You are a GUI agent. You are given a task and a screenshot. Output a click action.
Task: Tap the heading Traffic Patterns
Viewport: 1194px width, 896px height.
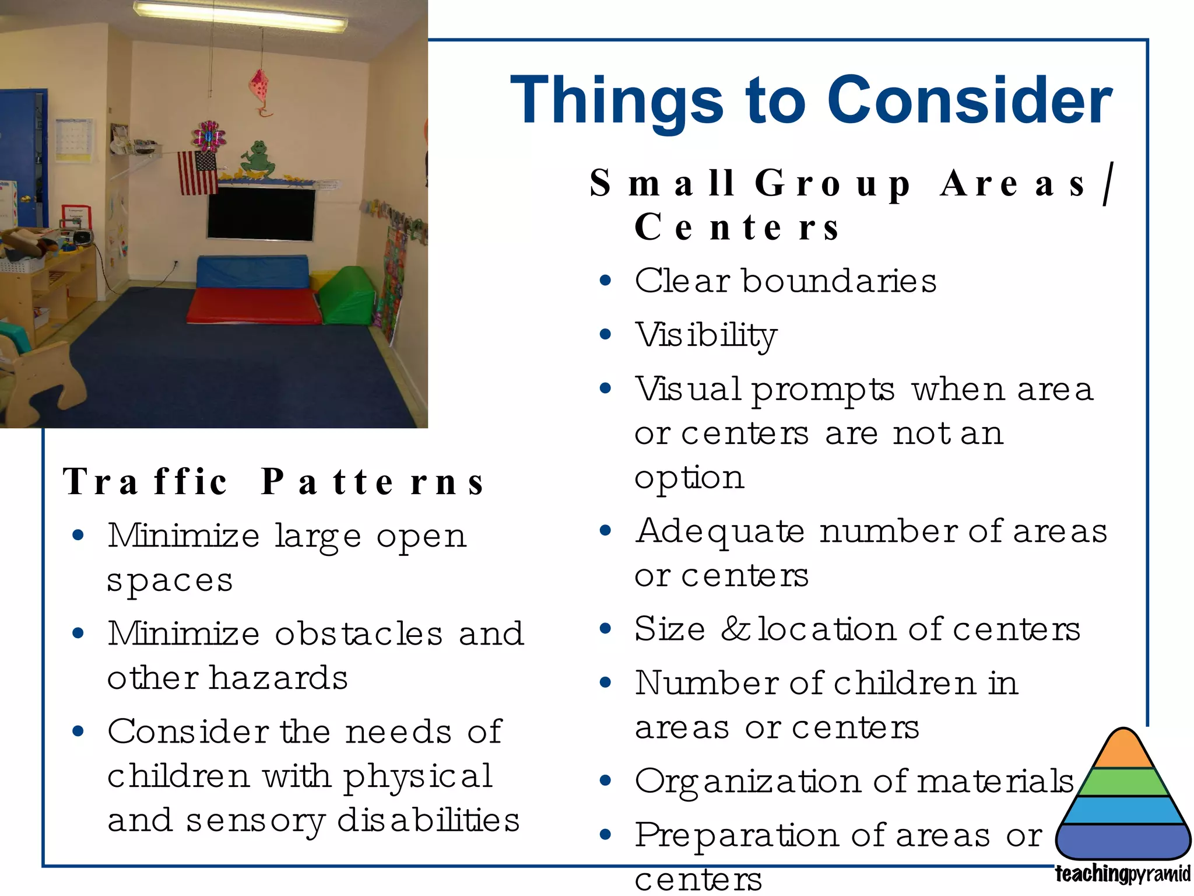(274, 482)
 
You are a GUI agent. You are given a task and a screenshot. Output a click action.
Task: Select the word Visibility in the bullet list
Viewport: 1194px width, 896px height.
(705, 335)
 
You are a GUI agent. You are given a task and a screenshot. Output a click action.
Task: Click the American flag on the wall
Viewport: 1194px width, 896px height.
(198, 173)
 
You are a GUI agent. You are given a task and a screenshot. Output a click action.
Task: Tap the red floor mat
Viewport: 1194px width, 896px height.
(254, 304)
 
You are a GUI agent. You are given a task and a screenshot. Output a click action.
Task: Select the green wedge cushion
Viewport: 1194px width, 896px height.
(348, 296)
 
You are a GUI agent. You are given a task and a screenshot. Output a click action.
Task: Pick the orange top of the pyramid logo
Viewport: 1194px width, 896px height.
(1123, 750)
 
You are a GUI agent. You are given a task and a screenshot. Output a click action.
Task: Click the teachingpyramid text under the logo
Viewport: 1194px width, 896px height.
(1122, 874)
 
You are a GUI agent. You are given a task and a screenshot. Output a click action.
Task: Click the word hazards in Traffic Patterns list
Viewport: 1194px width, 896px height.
(278, 678)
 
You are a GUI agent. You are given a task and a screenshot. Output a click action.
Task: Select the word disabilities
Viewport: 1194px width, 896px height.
(428, 820)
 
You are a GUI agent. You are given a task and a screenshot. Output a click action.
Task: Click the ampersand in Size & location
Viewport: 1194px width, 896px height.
(735, 629)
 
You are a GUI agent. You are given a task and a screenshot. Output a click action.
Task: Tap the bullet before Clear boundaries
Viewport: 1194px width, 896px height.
(605, 281)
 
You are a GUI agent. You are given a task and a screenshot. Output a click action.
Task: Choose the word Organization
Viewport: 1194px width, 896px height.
(747, 782)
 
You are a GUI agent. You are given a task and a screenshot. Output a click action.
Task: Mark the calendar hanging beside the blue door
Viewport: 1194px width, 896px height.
(73, 139)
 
